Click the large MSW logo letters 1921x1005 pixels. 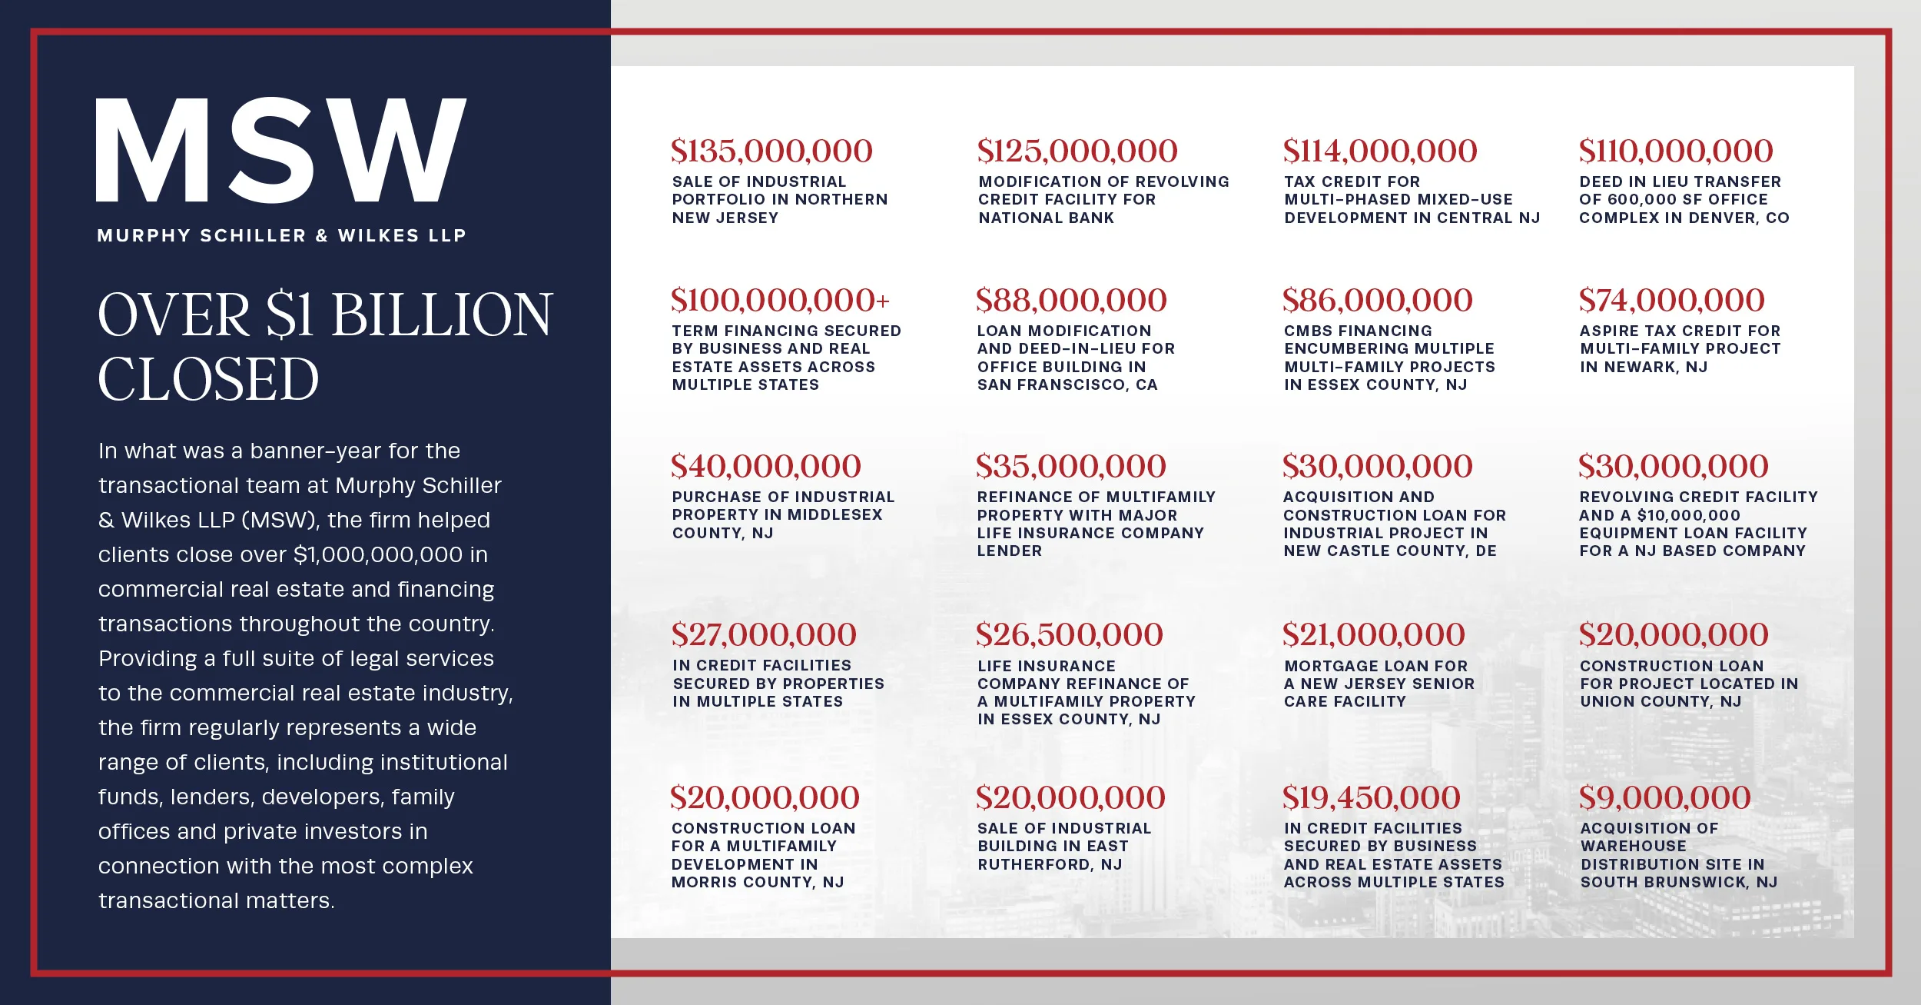[x=280, y=150]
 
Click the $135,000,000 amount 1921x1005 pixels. [x=771, y=151]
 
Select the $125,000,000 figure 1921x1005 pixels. [x=1077, y=151]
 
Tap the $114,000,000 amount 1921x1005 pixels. [x=1380, y=151]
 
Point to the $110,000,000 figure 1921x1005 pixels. [x=1676, y=151]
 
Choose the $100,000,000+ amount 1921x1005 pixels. [x=780, y=301]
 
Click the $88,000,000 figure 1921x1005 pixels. [x=1071, y=301]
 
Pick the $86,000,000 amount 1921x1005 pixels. [x=1377, y=301]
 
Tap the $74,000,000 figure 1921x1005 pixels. [x=1671, y=301]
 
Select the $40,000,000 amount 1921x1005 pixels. [x=765, y=467]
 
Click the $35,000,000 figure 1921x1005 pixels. [x=1070, y=467]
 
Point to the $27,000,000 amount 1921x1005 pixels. [x=764, y=635]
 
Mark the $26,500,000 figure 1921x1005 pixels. [x=1069, y=635]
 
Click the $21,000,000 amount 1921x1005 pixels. [x=1373, y=635]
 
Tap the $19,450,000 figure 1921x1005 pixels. [x=1371, y=798]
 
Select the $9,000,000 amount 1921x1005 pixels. [x=1664, y=798]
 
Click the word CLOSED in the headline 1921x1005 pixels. [x=208, y=380]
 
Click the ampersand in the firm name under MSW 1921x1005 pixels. [x=322, y=236]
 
